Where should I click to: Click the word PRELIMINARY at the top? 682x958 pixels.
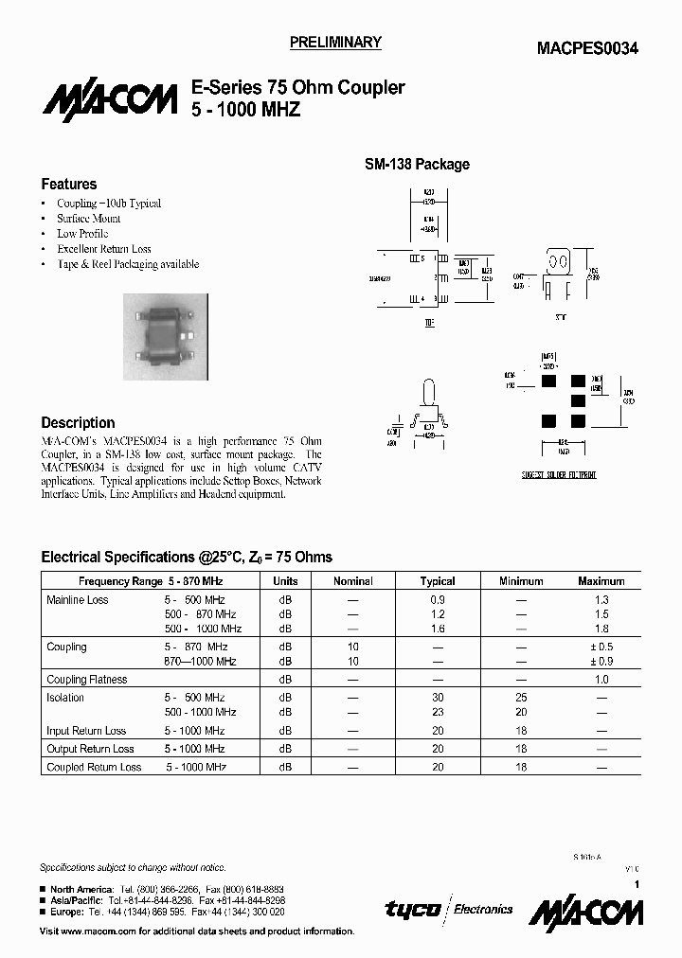click(334, 43)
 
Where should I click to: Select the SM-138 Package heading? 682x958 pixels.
click(417, 164)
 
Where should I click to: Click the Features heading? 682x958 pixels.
click(69, 185)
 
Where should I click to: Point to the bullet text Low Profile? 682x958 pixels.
click(82, 234)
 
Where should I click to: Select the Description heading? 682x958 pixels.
click(78, 423)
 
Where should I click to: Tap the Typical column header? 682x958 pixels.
click(438, 581)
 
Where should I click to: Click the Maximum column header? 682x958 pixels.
click(601, 581)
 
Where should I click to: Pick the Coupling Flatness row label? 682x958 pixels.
click(86, 680)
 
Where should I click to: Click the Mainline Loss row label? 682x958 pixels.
click(78, 600)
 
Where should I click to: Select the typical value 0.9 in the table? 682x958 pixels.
click(438, 600)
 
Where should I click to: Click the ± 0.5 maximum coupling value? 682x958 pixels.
click(601, 647)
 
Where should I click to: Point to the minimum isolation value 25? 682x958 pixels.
click(521, 698)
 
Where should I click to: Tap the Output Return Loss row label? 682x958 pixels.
click(90, 749)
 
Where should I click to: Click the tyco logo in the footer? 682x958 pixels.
click(413, 910)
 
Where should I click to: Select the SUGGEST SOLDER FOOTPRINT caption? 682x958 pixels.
click(560, 474)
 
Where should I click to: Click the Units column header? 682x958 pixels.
click(285, 581)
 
